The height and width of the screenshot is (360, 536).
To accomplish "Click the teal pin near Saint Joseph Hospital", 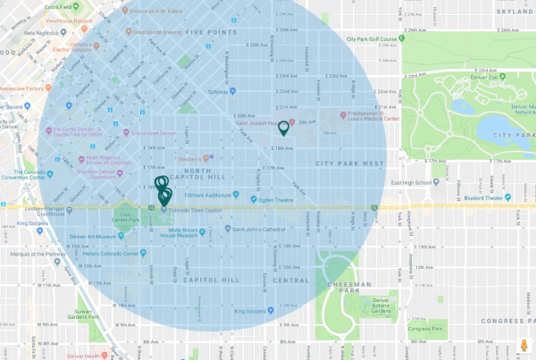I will pyautogui.click(x=284, y=128).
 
